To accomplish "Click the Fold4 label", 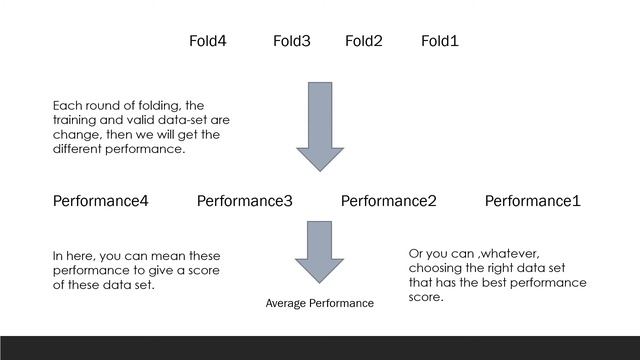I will pos(207,41).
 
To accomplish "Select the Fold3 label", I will pos(291,41).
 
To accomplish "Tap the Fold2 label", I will pos(363,41).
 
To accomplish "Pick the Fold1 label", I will pos(439,41).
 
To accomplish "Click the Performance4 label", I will pos(100,201).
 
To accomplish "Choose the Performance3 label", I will pos(244,201).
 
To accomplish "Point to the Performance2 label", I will pos(388,201).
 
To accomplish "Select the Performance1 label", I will pos(532,201).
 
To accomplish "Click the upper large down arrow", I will pos(319,124).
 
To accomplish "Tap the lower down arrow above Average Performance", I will pos(319,255).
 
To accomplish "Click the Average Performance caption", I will pos(319,303).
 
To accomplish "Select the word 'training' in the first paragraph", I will pos(77,120).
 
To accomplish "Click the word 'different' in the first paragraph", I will pos(81,150).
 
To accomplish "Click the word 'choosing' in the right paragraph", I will pos(436,268).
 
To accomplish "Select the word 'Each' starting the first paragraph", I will pos(67,105).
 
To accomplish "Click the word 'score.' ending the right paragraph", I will pos(426,298).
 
